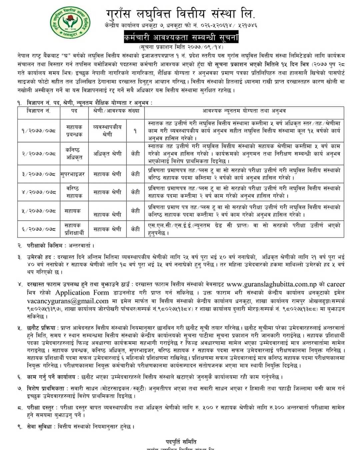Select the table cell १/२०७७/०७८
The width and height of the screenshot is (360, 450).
click(x=39, y=131)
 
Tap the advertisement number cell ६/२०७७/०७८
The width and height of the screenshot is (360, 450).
click(x=39, y=229)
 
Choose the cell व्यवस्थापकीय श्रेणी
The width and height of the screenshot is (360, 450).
click(x=107, y=131)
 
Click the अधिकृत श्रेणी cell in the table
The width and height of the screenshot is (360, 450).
click(x=107, y=154)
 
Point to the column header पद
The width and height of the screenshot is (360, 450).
click(x=74, y=111)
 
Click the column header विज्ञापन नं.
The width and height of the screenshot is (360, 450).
click(x=39, y=111)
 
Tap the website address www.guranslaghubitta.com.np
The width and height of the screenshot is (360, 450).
click(x=271, y=284)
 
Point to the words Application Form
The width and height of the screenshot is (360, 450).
click(x=82, y=293)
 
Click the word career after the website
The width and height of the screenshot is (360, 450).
click(x=336, y=284)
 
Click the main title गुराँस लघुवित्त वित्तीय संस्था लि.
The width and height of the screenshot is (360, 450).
click(x=181, y=14)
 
